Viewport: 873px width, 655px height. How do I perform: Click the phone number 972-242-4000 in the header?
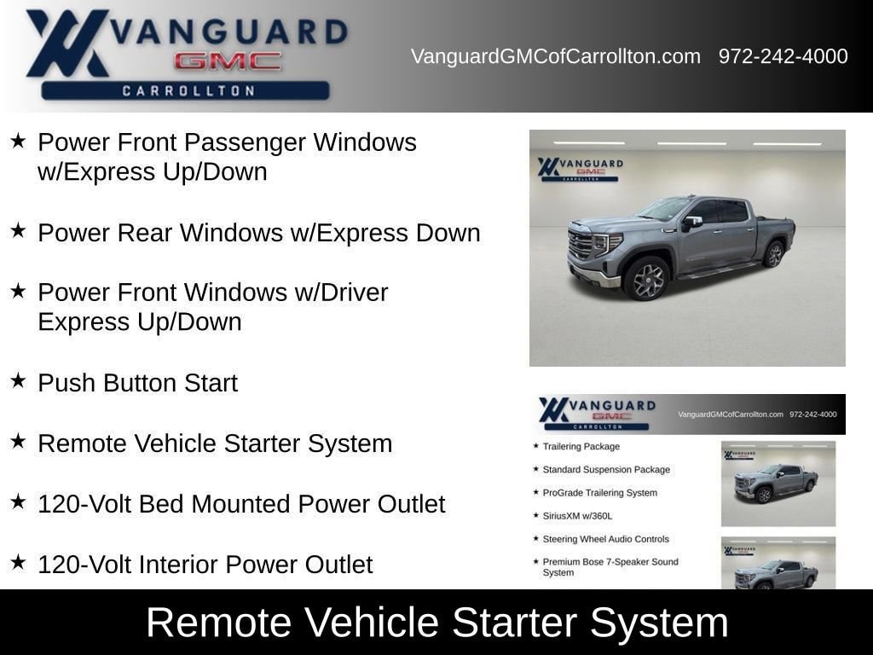783,56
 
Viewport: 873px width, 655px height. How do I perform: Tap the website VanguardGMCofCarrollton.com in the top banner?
556,56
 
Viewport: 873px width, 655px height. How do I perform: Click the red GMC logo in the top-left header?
228,61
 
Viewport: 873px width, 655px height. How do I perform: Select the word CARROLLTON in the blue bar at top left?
188,90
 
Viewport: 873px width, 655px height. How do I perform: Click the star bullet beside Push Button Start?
18,381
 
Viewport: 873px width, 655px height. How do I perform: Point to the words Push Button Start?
137,383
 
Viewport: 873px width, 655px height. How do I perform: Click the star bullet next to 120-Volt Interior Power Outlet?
18,562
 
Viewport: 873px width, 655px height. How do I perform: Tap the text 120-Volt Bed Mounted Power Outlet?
241,504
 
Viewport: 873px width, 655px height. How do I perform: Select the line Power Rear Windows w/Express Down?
259,233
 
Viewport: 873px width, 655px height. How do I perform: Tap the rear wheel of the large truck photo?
774,254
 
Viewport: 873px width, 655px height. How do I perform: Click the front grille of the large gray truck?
580,246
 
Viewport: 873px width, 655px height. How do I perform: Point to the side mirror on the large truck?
691,222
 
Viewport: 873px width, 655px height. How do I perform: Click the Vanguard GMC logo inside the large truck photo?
580,169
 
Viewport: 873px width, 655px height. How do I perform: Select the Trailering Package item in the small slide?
581,447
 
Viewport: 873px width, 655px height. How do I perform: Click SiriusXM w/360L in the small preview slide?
577,516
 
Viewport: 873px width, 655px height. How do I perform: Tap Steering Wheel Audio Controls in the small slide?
606,539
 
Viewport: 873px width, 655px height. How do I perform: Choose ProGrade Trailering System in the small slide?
599,493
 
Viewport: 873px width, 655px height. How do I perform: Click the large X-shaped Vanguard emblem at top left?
66,43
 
